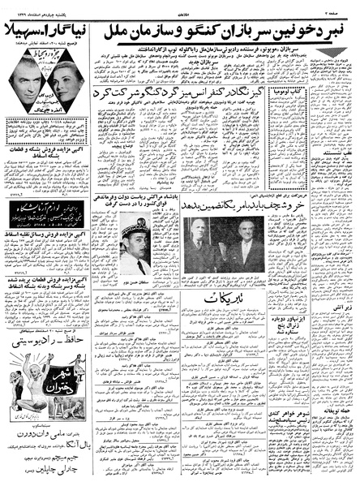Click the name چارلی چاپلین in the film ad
49,471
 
